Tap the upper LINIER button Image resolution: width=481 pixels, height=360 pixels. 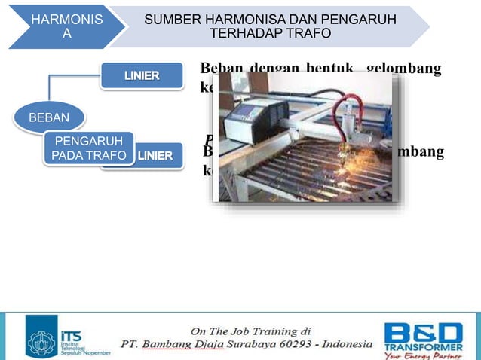141,75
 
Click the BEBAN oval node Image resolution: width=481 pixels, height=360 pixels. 48,117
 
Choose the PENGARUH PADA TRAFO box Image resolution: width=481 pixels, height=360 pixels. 88,148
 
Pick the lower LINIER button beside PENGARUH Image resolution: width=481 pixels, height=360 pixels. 158,157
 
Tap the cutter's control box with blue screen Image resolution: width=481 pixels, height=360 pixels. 247,116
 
